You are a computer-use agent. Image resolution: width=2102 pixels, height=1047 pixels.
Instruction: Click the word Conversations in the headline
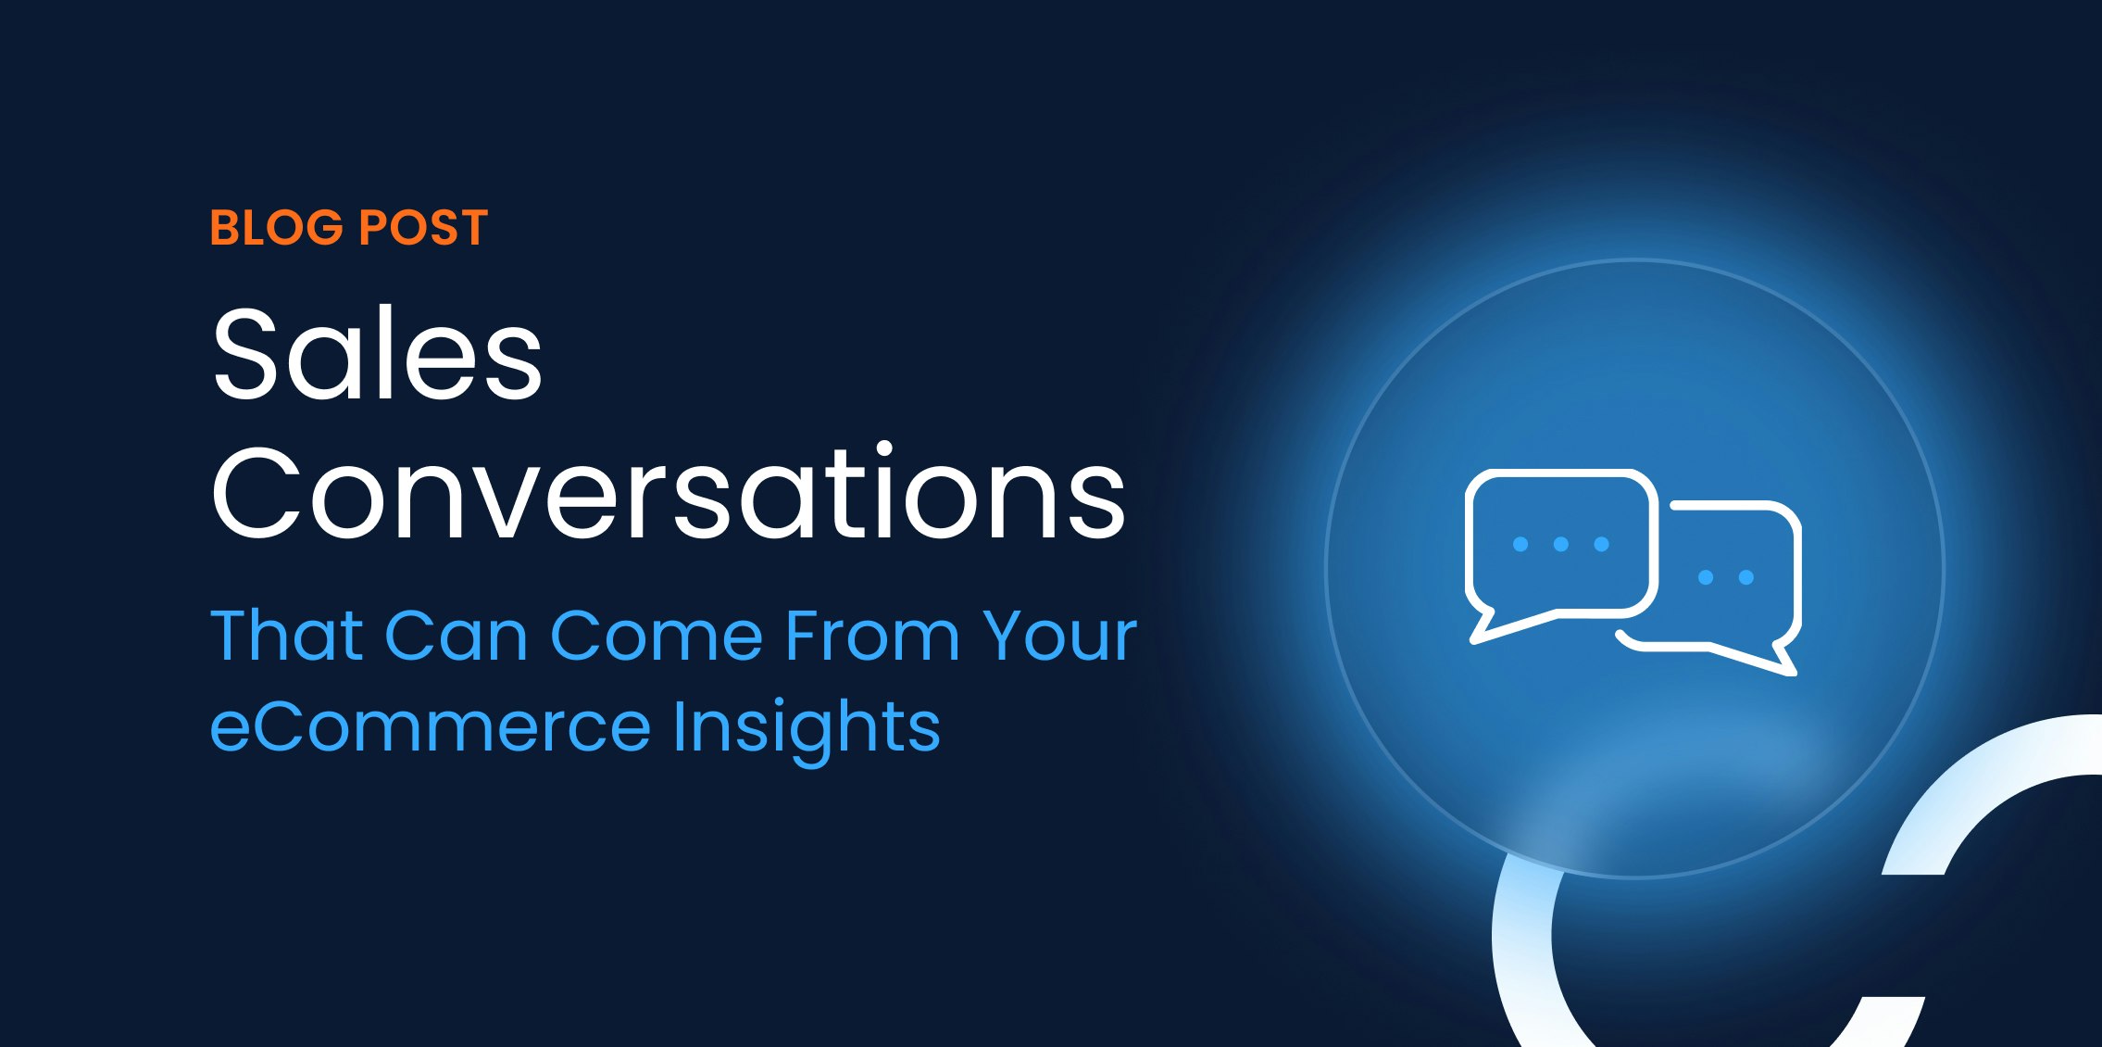[669, 493]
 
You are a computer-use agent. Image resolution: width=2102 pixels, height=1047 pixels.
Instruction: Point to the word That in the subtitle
[287, 636]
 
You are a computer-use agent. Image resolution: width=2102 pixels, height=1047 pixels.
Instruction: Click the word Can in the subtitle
[456, 636]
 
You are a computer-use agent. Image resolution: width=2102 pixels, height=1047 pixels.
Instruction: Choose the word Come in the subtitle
[657, 636]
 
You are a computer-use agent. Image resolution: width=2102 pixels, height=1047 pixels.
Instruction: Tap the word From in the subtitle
[872, 636]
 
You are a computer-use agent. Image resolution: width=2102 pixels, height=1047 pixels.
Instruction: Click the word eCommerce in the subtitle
[431, 726]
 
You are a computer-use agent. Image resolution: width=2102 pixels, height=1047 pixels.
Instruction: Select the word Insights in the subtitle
[806, 728]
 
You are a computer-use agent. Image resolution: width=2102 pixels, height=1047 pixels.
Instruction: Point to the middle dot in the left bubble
[1560, 544]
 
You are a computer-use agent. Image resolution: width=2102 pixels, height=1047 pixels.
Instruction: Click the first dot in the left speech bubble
[1520, 544]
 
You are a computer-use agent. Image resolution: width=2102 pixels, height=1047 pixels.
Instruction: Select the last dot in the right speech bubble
[1746, 577]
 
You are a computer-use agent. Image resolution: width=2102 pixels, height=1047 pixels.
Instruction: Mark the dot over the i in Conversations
[884, 450]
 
